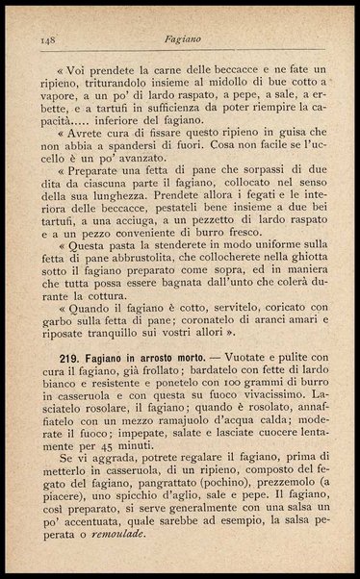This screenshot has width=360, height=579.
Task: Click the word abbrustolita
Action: tap(141, 284)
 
